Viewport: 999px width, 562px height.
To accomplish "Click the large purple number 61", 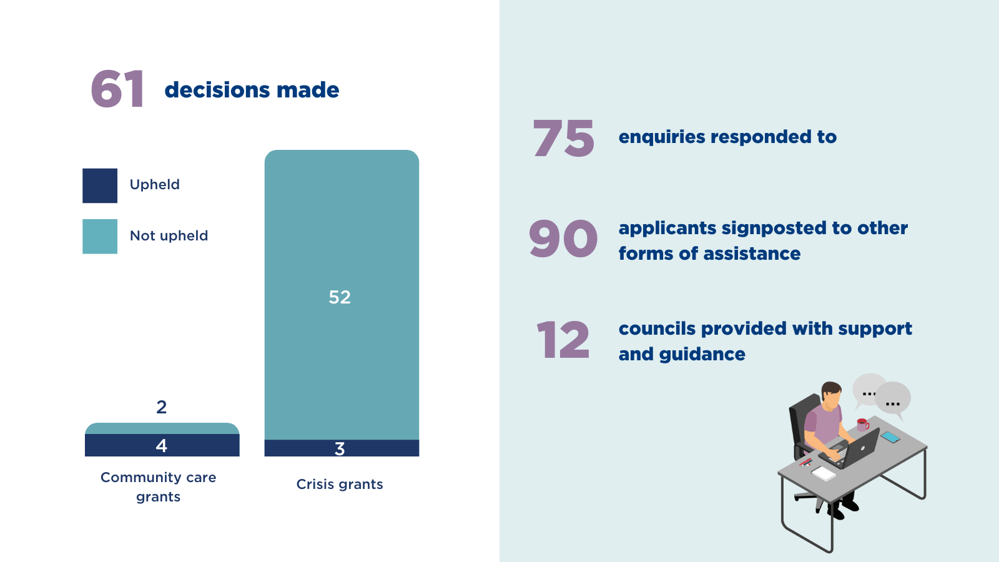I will point(117,89).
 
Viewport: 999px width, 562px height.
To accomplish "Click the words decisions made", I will point(252,90).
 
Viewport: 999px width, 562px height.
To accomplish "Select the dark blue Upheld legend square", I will point(100,185).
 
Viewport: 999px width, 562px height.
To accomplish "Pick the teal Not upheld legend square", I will point(100,236).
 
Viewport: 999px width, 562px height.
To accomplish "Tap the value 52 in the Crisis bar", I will point(340,297).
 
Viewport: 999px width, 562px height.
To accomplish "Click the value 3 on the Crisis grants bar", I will point(340,448).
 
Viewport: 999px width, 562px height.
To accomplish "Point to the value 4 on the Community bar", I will point(162,445).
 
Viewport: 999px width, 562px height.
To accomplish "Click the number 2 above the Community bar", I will point(162,407).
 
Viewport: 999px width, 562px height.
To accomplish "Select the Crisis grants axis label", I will point(340,484).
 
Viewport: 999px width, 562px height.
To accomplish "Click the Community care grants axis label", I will point(159,486).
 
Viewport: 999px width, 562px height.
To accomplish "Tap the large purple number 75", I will point(563,139).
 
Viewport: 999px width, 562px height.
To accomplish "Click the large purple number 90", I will point(563,239).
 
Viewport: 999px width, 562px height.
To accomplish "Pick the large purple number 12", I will point(563,340).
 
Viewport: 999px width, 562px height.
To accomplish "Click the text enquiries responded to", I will point(727,137).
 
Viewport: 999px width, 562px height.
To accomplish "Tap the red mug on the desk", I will point(862,425).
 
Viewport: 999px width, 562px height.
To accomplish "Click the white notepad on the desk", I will point(823,473).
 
